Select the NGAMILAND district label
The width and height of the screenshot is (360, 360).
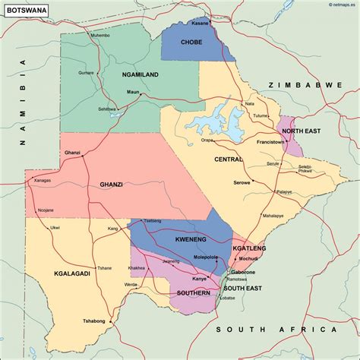(x=141, y=74)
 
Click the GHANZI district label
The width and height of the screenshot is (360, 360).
(x=112, y=184)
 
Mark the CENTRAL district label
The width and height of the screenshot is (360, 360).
(x=229, y=159)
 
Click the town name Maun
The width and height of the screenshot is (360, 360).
(x=133, y=92)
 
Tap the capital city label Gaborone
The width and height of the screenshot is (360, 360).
(x=242, y=272)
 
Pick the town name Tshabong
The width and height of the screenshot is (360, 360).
(x=94, y=321)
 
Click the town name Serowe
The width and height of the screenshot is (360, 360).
(x=242, y=182)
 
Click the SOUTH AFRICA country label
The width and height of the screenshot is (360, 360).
(x=275, y=329)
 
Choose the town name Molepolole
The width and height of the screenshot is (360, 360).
(x=204, y=257)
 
